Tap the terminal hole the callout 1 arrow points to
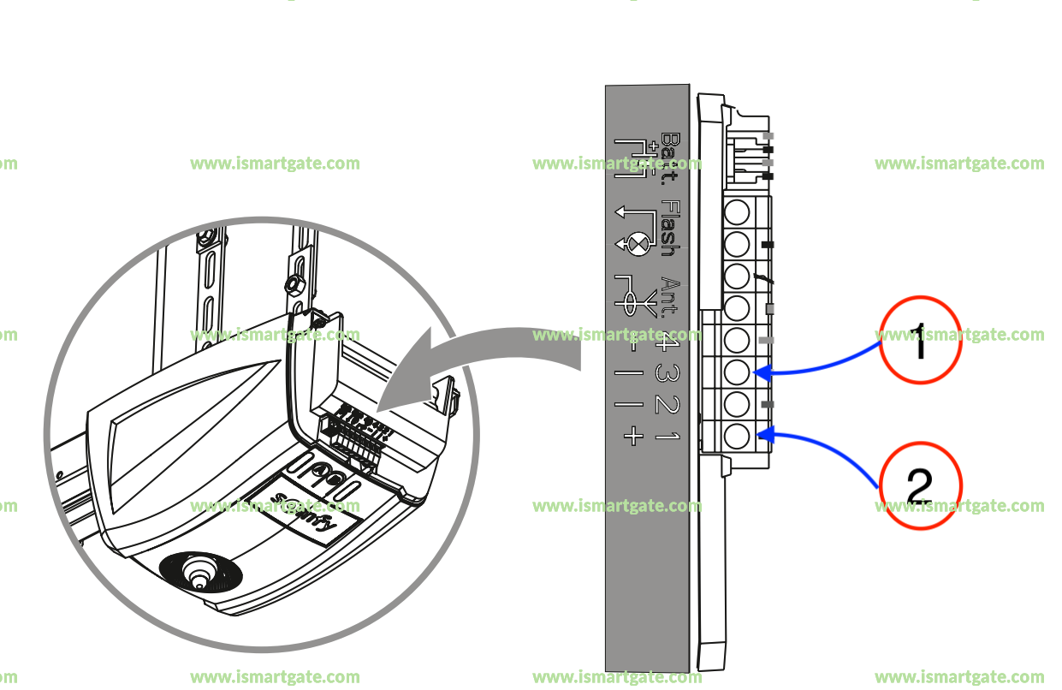(x=737, y=372)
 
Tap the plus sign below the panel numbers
(x=632, y=437)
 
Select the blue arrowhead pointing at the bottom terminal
(x=766, y=435)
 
